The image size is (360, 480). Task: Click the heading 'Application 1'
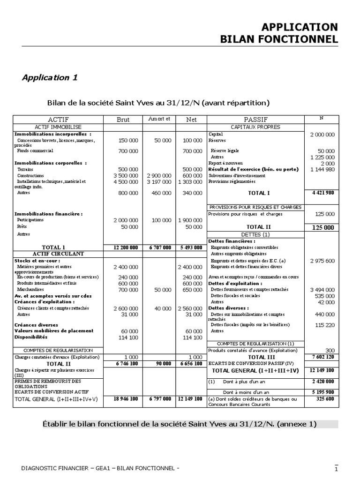coord(50,78)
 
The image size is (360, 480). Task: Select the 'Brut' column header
coord(123,120)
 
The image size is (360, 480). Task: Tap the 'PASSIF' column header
coord(255,120)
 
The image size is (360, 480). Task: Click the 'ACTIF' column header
coord(58,120)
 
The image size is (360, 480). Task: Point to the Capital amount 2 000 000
coord(322,135)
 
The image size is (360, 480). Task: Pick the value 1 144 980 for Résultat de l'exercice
coord(322,170)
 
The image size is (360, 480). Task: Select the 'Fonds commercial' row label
coord(35,151)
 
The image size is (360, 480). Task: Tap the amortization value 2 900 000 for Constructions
coord(159,175)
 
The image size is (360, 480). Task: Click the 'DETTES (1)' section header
coord(255,234)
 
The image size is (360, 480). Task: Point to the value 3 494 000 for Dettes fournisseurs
coord(322,290)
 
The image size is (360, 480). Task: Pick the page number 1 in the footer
coord(336,469)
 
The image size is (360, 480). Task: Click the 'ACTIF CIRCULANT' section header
coord(58,254)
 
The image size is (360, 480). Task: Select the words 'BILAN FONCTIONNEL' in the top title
coord(279,39)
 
